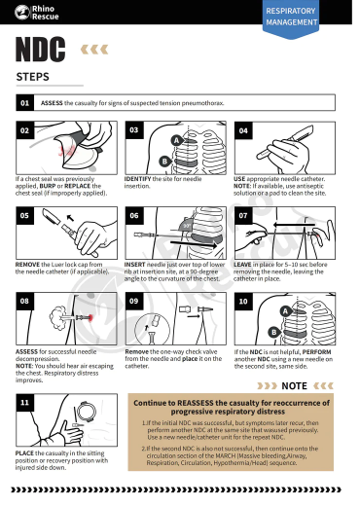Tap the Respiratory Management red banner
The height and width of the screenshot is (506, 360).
318,15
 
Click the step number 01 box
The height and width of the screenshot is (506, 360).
24,102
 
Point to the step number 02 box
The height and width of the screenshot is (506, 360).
24,129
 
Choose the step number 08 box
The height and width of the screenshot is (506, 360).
24,302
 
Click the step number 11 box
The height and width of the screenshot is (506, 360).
24,401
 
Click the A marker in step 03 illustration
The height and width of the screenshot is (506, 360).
176,141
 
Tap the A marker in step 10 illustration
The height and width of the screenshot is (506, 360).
284,311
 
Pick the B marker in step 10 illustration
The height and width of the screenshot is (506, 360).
273,332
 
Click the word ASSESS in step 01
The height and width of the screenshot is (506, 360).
52,102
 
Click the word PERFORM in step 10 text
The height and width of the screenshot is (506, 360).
316,350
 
